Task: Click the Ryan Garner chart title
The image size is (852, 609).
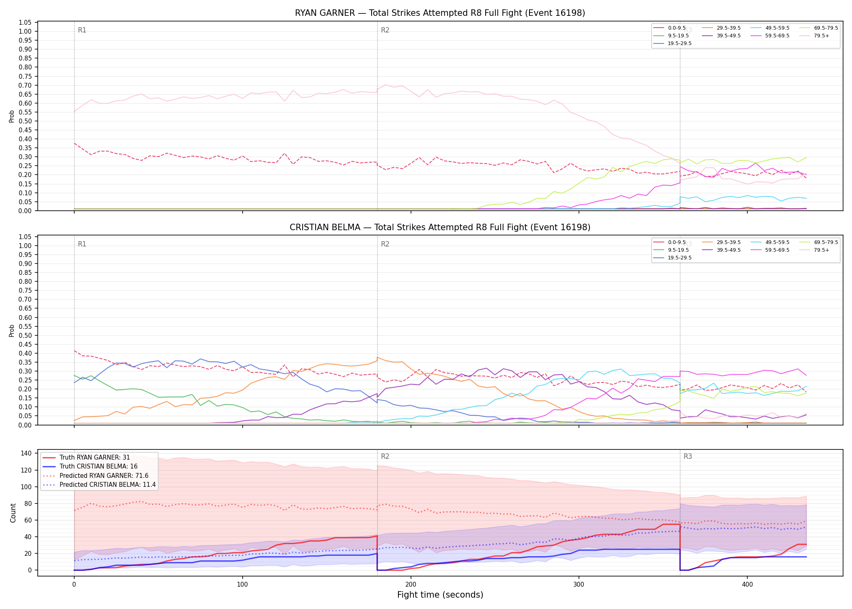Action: pos(440,13)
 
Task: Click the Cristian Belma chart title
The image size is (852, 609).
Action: pos(440,227)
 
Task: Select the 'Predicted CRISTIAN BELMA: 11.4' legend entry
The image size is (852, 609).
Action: pos(99,485)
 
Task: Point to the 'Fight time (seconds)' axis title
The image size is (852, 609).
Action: pos(440,595)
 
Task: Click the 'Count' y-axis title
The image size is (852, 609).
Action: pos(13,513)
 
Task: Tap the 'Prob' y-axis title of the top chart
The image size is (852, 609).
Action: pos(12,116)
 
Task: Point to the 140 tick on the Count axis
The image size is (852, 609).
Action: pos(26,454)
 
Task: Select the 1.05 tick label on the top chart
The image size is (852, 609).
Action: pos(26,22)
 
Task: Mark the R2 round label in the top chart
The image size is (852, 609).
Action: pos(385,30)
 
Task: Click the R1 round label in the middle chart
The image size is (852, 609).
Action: pos(82,244)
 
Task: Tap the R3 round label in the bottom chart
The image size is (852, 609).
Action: pos(688,456)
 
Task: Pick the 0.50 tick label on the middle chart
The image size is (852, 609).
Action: pos(26,335)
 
